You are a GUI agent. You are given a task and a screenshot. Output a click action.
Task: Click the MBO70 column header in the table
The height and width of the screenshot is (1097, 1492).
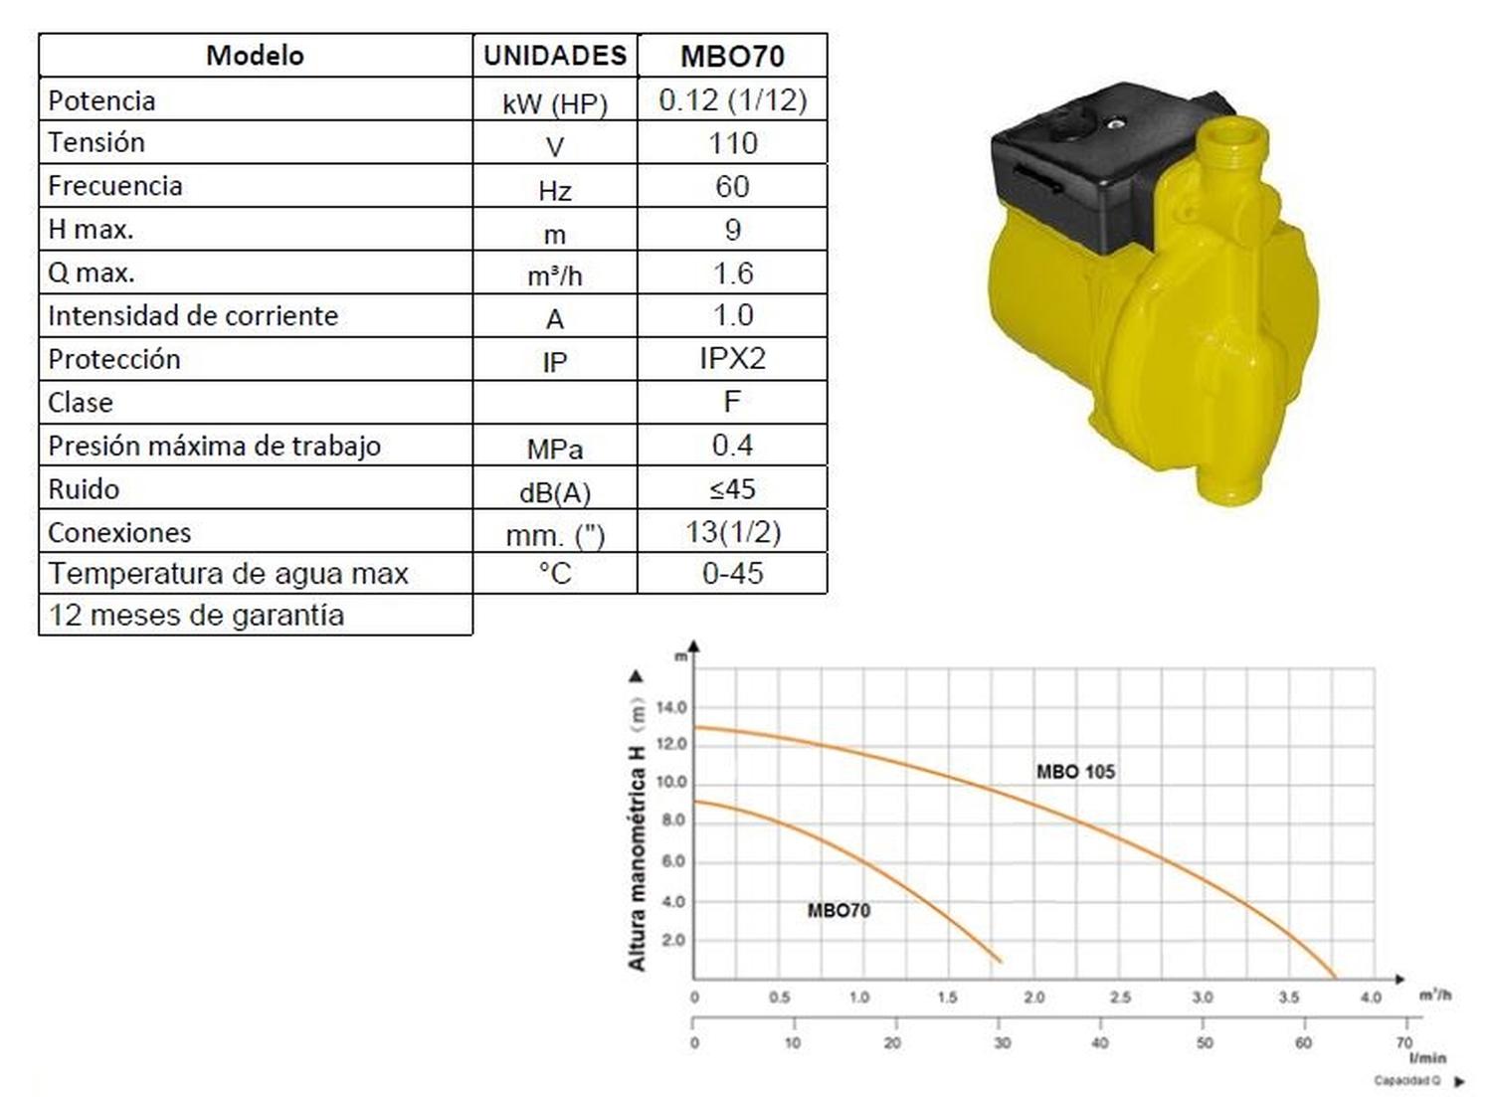click(732, 56)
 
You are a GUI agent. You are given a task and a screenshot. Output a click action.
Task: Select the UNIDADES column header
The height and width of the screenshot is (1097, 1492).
click(555, 56)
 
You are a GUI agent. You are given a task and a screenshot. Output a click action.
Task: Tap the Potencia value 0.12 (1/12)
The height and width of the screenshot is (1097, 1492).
click(733, 99)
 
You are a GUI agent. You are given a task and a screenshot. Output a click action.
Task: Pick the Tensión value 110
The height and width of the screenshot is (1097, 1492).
click(733, 143)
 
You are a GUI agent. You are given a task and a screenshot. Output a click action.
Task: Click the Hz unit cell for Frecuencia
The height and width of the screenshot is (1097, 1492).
click(555, 191)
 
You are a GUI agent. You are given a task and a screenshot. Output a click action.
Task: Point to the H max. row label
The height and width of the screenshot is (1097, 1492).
click(91, 229)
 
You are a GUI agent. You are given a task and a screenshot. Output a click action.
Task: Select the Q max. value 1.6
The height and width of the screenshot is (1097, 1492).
click(733, 274)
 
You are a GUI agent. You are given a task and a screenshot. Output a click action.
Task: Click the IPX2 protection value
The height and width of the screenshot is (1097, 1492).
click(733, 359)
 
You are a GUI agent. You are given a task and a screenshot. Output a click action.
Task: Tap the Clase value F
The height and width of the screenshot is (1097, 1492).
click(732, 402)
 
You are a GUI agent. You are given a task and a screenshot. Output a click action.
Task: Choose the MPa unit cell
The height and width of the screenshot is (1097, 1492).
click(555, 450)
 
